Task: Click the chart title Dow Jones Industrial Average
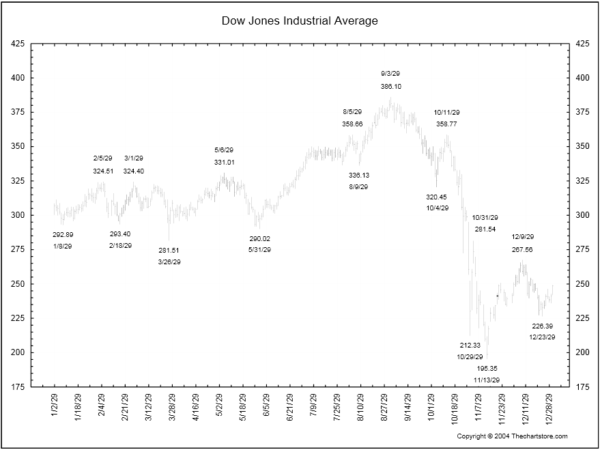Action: coord(300,20)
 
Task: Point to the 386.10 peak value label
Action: coord(390,87)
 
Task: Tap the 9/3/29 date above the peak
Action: coord(390,73)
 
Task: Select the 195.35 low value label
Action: coord(487,367)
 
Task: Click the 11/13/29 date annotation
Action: coord(487,380)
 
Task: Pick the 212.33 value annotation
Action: coord(470,345)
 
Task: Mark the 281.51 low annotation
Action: coord(169,250)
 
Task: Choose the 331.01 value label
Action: coord(224,163)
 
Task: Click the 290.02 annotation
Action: coord(259,238)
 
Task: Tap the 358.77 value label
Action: coord(446,124)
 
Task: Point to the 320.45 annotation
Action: coord(437,197)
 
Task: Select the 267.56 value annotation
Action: coord(522,250)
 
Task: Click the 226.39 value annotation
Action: coord(542,326)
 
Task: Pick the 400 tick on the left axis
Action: coord(18,78)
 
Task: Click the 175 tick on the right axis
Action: coord(583,386)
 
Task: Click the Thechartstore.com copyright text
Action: coord(512,436)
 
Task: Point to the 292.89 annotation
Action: coord(63,234)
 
